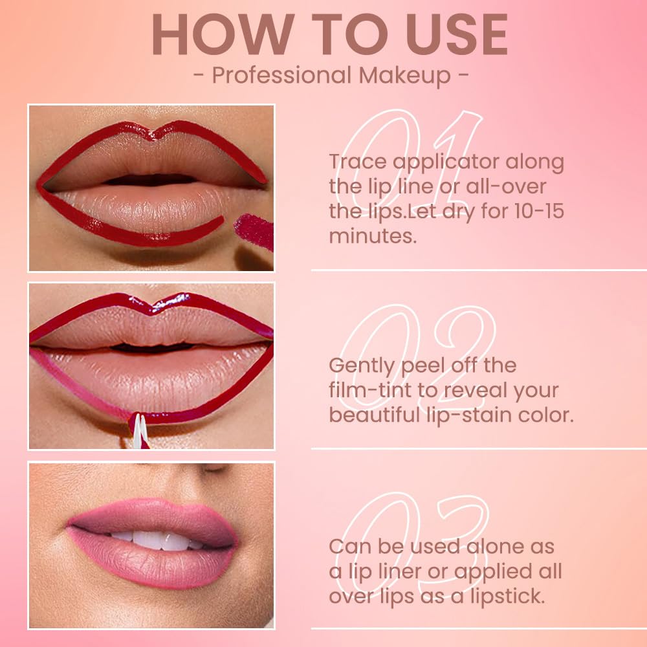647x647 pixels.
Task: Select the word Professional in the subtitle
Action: [282, 75]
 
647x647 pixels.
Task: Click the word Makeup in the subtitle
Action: [405, 75]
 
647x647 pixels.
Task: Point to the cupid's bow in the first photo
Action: [150, 132]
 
